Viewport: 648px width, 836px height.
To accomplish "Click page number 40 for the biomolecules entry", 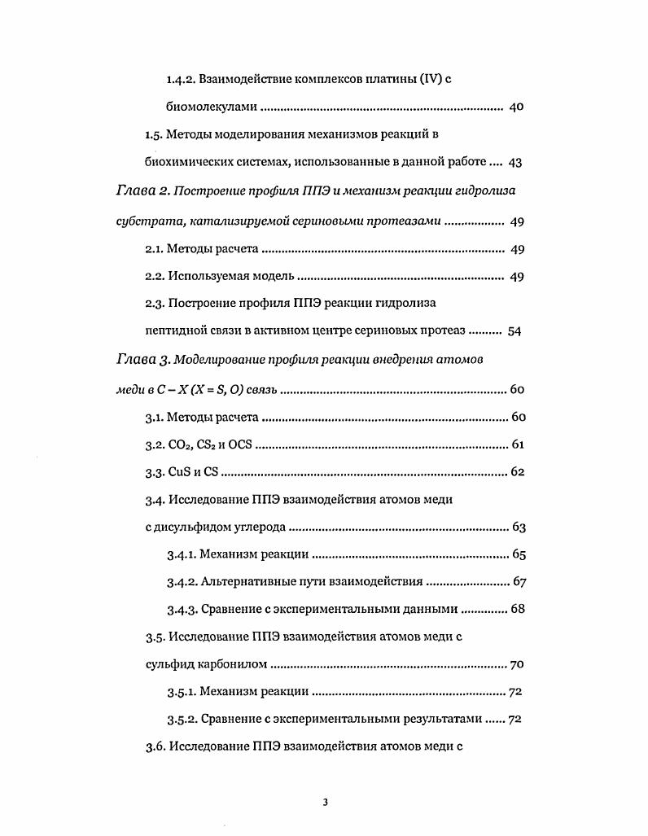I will pos(515,107).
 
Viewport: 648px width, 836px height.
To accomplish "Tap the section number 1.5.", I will pos(154,134).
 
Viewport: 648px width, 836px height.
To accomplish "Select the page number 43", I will pos(514,162).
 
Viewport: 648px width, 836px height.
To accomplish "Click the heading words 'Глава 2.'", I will pos(142,190).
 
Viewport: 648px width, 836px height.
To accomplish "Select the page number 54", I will pos(514,331).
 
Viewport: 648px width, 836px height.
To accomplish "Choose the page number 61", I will pos(517,445).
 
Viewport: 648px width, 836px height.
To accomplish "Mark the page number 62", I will pos(517,473).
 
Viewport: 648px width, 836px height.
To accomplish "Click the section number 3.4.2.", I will pos(181,582).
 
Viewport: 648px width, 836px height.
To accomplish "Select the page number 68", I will pos(517,610).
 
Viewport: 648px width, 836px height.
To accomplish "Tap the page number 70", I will pos(517,665).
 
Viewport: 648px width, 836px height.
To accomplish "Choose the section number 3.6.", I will pos(154,748).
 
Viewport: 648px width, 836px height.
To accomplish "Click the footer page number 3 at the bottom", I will pos(324,803).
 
